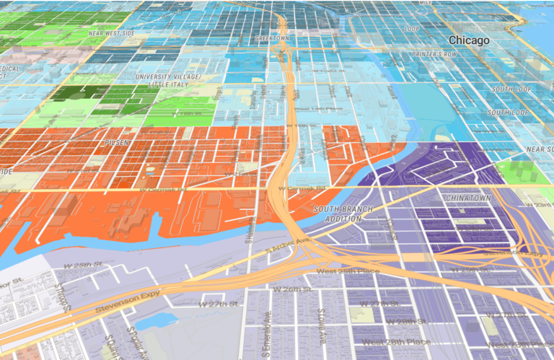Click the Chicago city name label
[x=469, y=40]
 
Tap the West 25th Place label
[x=346, y=271]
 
